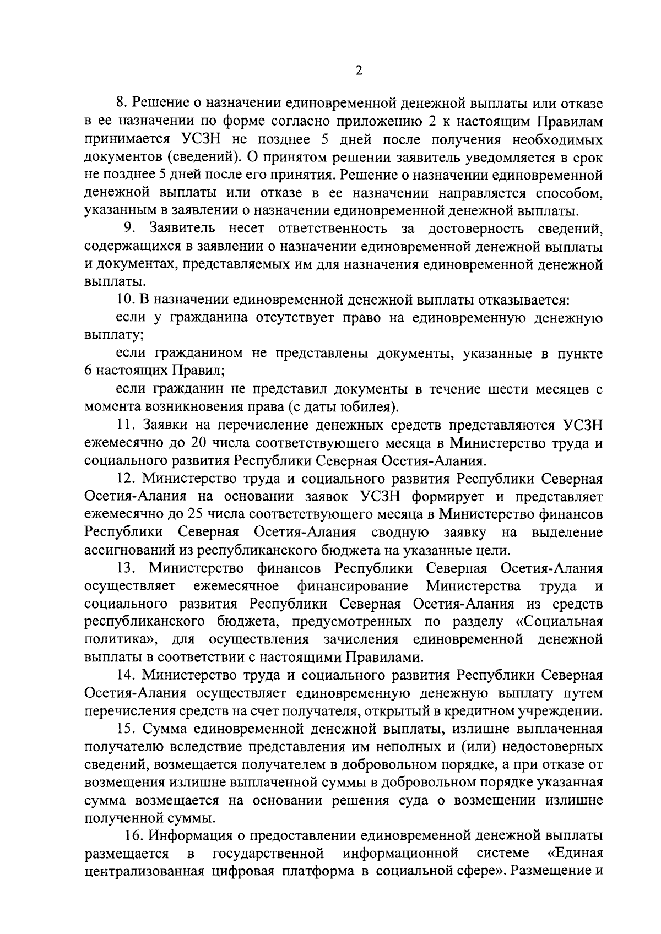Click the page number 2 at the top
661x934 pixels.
[x=359, y=70]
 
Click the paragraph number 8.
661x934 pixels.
[x=122, y=103]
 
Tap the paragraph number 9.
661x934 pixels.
[x=130, y=228]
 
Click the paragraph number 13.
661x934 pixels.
[x=127, y=568]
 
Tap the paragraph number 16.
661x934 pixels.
[x=135, y=836]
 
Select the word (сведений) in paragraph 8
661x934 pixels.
[x=203, y=157]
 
